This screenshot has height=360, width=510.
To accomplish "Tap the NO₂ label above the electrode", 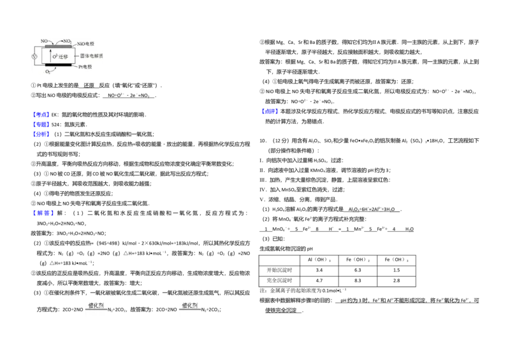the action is pyautogui.click(x=67, y=41).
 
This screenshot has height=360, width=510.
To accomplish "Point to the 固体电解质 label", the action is pyautogui.click(x=92, y=56).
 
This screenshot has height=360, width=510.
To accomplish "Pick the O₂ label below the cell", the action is pyautogui.click(x=47, y=73).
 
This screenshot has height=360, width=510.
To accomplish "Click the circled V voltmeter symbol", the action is pyautogui.click(x=34, y=56).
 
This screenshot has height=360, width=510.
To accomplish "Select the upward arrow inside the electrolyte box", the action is pyautogui.click(x=50, y=55).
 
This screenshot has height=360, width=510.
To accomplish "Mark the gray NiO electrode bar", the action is pyautogui.click(x=59, y=46).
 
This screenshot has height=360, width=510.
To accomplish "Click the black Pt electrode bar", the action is pyautogui.click(x=59, y=65).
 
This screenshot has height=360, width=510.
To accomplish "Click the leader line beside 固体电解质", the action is pyautogui.click(x=77, y=56).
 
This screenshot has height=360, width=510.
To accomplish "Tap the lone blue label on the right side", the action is pyautogui.click(x=270, y=112).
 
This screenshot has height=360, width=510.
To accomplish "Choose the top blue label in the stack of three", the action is pyautogui.click(x=41, y=114).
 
